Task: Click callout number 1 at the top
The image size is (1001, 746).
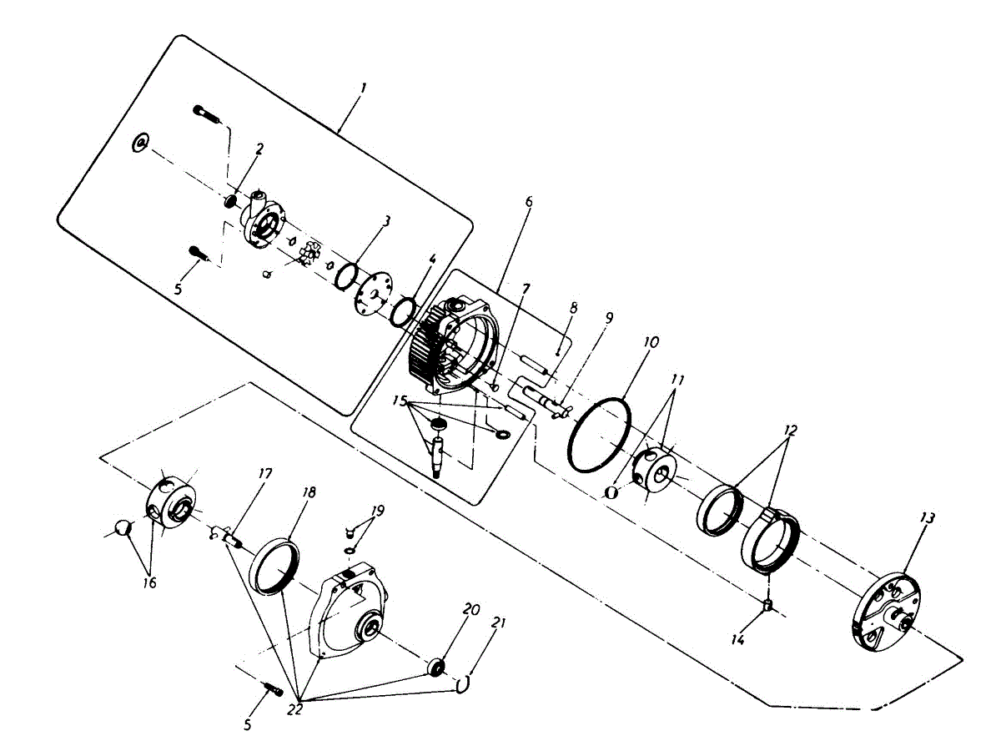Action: [363, 86]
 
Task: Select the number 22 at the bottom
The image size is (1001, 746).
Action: [294, 710]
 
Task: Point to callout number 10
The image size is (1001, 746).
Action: [651, 342]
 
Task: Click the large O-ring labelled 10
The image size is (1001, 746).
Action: [599, 432]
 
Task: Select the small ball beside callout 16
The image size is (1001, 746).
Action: [123, 527]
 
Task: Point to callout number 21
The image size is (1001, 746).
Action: [500, 623]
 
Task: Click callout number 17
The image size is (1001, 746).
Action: [265, 474]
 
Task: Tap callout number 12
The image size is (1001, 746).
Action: [790, 431]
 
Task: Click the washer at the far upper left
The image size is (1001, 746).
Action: [139, 144]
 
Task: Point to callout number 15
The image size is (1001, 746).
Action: [400, 402]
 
